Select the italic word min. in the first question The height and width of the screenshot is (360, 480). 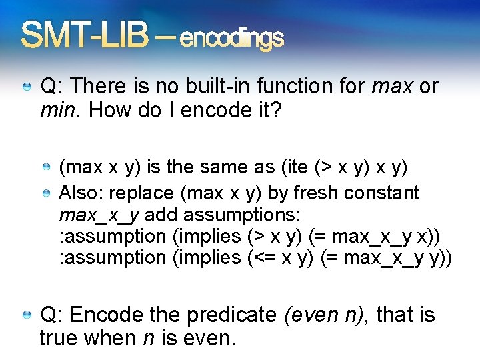(x=61, y=110)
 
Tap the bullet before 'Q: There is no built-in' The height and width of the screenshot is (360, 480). (x=27, y=87)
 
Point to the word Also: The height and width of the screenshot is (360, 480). (x=82, y=193)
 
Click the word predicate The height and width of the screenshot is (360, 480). (x=231, y=315)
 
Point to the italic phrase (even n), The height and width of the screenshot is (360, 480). (x=327, y=315)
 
